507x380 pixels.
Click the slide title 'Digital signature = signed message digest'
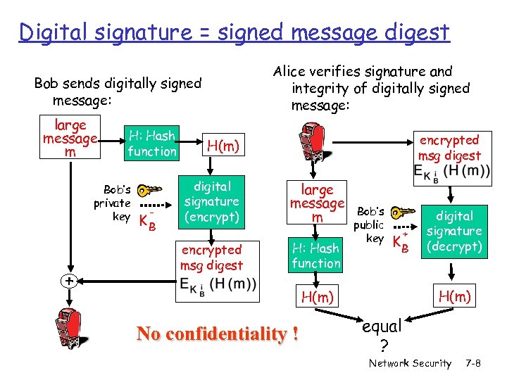point(234,32)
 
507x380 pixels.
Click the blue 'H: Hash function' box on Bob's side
point(151,143)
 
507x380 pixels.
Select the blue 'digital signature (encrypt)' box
point(212,201)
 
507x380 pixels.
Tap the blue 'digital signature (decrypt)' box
point(454,231)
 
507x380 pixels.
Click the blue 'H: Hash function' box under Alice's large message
point(316,255)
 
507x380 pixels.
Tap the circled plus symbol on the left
point(69,281)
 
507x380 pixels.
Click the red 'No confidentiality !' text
point(218,334)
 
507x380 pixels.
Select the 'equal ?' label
point(382,335)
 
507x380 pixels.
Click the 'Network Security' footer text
point(410,363)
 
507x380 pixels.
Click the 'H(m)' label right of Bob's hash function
point(223,146)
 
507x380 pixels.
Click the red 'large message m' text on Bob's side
point(70,139)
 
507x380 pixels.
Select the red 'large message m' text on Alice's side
point(317,203)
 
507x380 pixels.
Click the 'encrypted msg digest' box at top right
point(449,156)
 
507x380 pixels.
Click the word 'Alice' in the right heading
point(290,72)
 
